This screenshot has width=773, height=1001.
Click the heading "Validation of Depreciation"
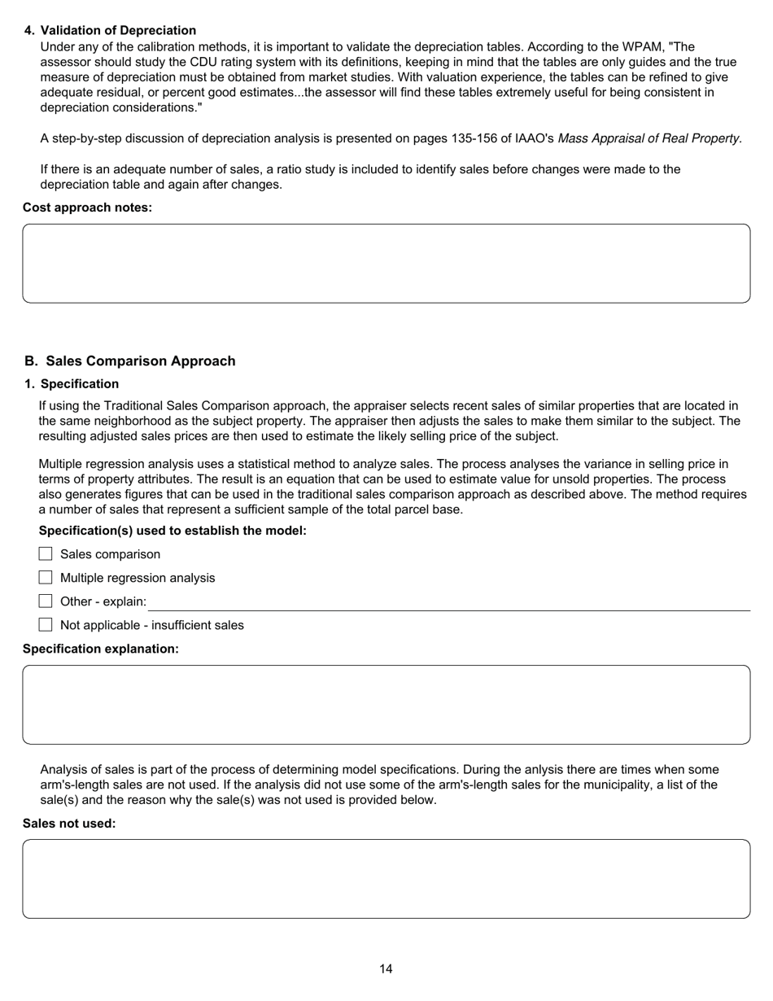tap(118, 31)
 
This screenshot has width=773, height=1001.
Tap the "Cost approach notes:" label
tap(87, 208)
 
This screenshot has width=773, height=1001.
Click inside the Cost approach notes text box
tap(386, 264)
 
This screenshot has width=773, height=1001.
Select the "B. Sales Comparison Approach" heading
tap(130, 361)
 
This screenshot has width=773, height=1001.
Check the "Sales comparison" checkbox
tap(46, 554)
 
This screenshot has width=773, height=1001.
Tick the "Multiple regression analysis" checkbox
tap(46, 578)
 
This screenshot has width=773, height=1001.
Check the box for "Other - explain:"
tap(46, 601)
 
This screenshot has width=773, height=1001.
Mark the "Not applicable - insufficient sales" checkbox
tap(46, 625)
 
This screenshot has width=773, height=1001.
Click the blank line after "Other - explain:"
tap(448, 603)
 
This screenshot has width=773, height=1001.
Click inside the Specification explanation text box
tap(386, 705)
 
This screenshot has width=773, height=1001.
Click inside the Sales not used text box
tap(386, 879)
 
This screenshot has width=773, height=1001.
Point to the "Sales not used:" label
tap(69, 824)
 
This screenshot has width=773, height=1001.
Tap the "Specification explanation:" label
tap(101, 649)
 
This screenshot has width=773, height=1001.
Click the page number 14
tap(386, 968)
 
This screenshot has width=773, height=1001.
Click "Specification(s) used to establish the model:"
tap(173, 531)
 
